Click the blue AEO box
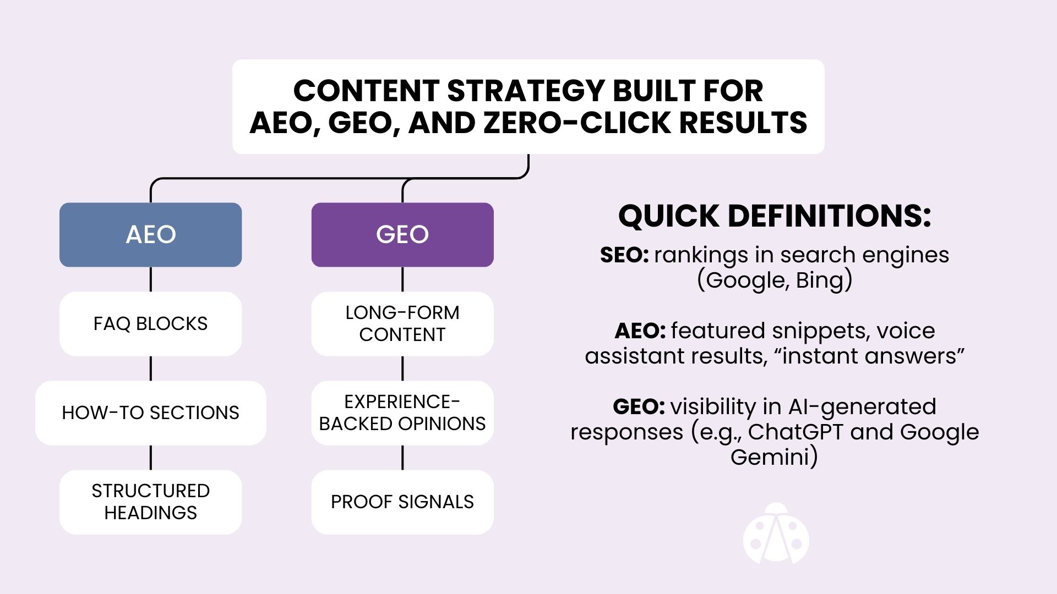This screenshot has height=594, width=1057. [150, 235]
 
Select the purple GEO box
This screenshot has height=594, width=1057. [402, 235]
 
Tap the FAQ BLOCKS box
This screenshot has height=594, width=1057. [150, 323]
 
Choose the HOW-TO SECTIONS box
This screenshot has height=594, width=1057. [150, 413]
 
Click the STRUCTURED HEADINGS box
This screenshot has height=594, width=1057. [150, 502]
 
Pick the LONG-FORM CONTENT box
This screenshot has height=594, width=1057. [402, 323]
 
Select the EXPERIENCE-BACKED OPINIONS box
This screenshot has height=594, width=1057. [402, 413]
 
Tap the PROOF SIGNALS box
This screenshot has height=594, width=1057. [402, 502]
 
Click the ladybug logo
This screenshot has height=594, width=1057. [776, 535]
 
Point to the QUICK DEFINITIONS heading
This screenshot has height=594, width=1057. [775, 216]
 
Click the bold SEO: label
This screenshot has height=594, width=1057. [624, 255]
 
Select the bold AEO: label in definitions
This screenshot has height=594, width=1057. [640, 331]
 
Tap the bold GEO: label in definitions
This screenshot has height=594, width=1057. [639, 407]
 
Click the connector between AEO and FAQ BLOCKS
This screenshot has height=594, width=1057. [150, 279]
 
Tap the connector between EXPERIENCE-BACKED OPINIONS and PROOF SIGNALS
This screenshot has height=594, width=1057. [402, 458]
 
